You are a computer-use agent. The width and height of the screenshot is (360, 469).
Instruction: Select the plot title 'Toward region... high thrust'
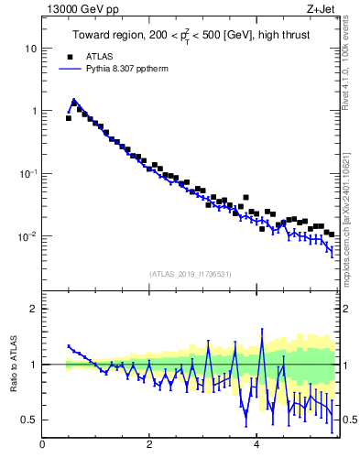click(191, 36)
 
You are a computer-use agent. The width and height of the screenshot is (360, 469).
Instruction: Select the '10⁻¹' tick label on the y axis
click(29, 173)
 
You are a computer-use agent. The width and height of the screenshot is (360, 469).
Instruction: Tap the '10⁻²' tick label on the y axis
click(29, 236)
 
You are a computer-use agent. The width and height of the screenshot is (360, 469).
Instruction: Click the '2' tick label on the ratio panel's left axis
click(35, 309)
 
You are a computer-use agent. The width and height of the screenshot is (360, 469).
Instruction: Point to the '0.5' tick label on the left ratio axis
click(30, 420)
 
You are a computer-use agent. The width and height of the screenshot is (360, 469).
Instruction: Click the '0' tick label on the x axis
click(42, 446)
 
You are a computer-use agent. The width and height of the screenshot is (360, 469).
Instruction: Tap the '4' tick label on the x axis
click(256, 446)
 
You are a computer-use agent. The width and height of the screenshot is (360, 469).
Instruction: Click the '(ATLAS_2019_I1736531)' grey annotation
click(191, 274)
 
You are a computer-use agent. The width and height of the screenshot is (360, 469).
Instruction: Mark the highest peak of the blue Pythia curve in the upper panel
click(73, 101)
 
